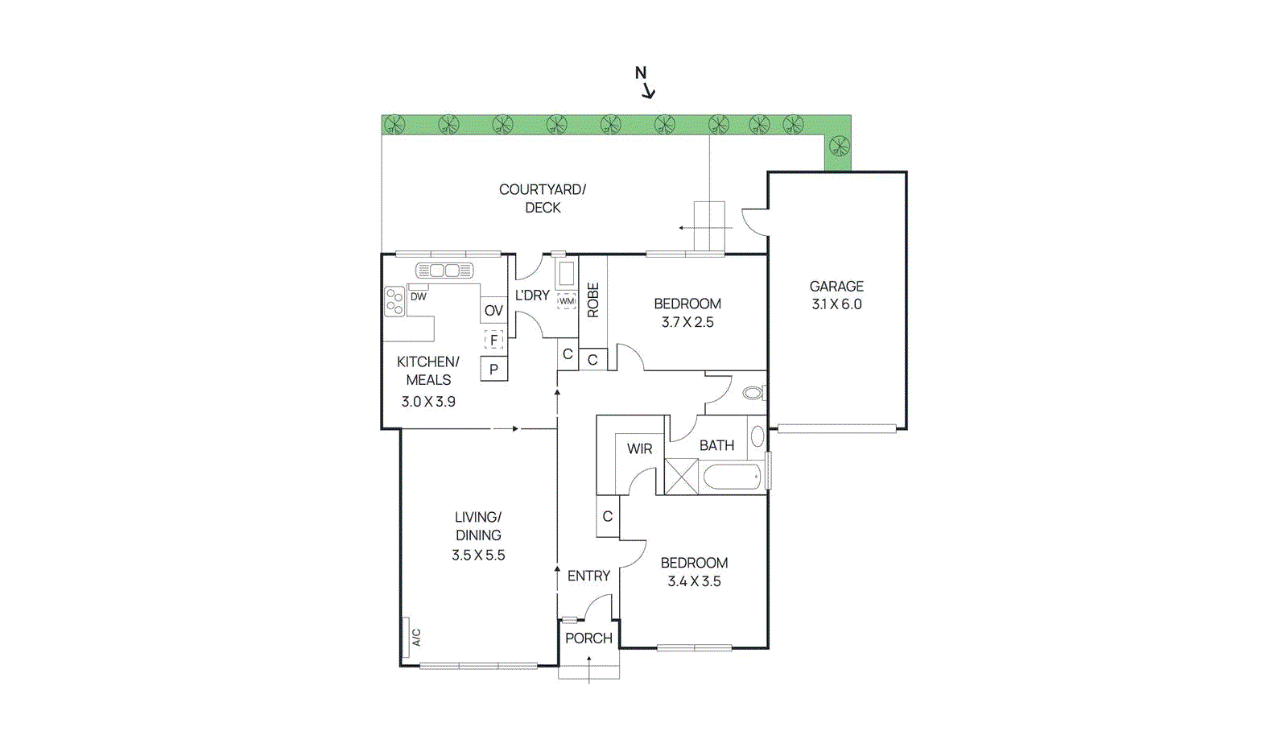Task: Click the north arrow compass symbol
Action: (x=645, y=82)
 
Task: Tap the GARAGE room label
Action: (x=836, y=286)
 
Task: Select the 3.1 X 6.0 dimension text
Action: (x=836, y=304)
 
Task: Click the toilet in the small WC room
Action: (x=753, y=393)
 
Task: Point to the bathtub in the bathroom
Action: (x=731, y=477)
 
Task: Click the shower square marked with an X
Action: (x=680, y=476)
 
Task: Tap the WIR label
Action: (x=640, y=448)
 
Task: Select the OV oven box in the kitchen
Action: (x=493, y=310)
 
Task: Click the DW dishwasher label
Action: (x=419, y=296)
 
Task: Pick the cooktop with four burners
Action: (x=394, y=302)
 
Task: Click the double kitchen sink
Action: (x=444, y=271)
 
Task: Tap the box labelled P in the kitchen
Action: (x=493, y=369)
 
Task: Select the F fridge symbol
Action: (x=493, y=340)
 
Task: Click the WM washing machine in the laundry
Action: (x=567, y=301)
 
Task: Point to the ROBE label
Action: (x=593, y=300)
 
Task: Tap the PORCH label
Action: (x=588, y=638)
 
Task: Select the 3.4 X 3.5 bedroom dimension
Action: (x=694, y=581)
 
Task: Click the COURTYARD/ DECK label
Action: (x=543, y=198)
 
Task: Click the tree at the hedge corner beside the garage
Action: (x=839, y=147)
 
